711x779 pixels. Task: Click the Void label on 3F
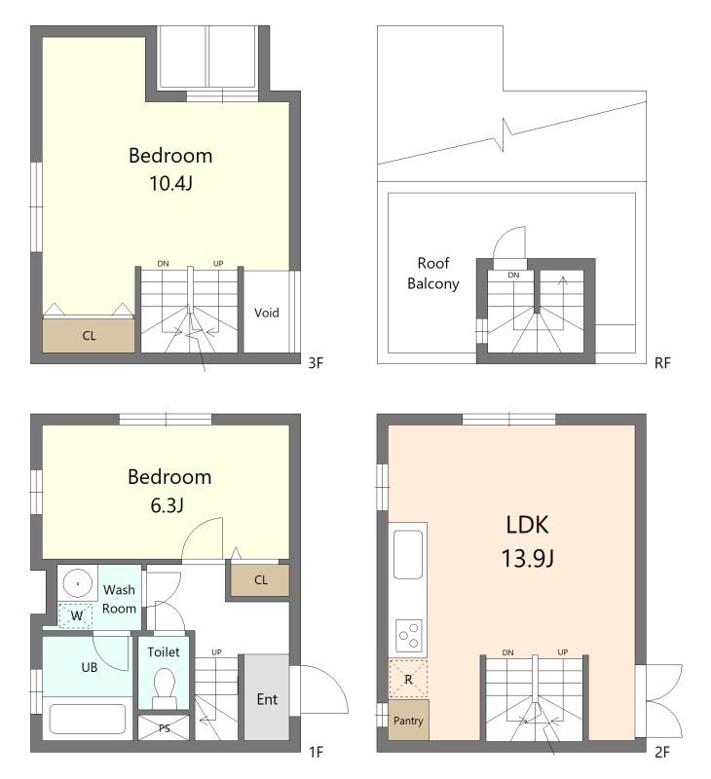266,313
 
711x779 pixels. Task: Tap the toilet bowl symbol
165,688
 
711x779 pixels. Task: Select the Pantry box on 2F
408,720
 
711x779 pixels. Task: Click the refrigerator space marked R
408,679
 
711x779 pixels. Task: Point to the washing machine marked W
76,615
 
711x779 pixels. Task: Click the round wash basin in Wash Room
78,583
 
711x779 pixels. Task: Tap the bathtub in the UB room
88,719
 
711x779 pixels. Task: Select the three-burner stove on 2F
409,636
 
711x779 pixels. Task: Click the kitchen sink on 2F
408,554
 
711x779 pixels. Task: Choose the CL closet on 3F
89,336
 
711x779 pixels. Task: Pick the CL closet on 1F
260,579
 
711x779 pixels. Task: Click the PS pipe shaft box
164,728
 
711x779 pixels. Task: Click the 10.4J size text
170,183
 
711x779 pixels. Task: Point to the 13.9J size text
527,558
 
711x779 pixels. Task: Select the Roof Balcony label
433,274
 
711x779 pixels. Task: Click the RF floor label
662,363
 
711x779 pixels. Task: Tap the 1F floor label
316,752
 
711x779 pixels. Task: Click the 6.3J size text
167,505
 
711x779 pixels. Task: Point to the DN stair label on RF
513,275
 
